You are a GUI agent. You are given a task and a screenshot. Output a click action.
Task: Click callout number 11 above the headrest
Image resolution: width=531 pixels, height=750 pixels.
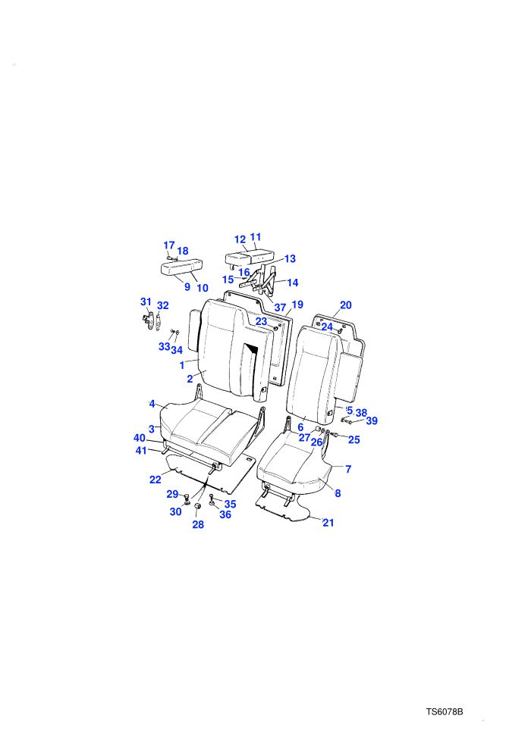(x=256, y=237)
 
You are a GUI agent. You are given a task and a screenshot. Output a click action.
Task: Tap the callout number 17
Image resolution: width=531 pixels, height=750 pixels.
(x=169, y=245)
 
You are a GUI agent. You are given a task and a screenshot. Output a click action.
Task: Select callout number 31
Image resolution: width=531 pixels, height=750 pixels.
(x=146, y=302)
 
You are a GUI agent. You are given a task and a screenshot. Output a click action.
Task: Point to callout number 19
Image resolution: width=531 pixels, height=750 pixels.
(x=297, y=305)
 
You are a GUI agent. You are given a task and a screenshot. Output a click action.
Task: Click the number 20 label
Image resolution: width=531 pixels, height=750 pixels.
(x=346, y=305)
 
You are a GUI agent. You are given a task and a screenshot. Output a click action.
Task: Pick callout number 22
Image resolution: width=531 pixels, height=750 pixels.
(x=156, y=480)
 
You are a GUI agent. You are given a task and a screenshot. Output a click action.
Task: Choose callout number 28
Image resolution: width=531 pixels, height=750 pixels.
(x=198, y=525)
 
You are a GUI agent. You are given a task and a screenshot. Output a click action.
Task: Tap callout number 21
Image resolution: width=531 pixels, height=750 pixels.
(x=328, y=523)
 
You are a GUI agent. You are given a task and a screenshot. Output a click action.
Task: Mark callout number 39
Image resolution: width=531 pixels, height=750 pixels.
(x=372, y=421)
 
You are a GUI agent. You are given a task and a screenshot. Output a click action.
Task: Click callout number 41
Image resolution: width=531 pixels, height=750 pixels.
(x=141, y=451)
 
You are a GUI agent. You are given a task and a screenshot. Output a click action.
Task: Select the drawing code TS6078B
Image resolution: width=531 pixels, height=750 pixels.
(x=445, y=711)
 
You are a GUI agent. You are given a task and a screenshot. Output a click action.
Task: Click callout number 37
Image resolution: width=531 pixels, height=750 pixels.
(x=280, y=308)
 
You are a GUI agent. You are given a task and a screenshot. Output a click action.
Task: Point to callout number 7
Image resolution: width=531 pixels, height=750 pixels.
(x=348, y=469)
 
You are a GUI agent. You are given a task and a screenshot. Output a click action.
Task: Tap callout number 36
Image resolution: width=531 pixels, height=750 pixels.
(x=225, y=514)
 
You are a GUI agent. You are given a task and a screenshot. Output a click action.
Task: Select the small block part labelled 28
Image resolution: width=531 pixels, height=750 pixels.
(x=196, y=507)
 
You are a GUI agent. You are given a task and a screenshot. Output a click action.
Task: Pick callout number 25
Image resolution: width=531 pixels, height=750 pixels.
(x=353, y=439)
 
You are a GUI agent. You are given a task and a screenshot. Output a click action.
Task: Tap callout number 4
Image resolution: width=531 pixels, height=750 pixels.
(x=152, y=404)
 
